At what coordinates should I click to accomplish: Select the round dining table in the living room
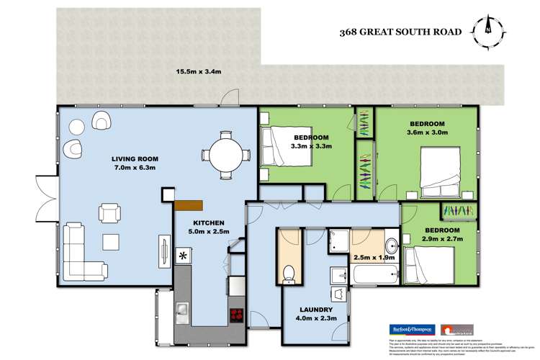tap(223, 153)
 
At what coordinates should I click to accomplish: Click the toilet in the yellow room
tap(288, 272)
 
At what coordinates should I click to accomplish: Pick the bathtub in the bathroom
tap(374, 275)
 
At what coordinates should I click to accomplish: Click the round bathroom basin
tap(391, 243)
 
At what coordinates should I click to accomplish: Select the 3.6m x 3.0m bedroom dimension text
tap(428, 132)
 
